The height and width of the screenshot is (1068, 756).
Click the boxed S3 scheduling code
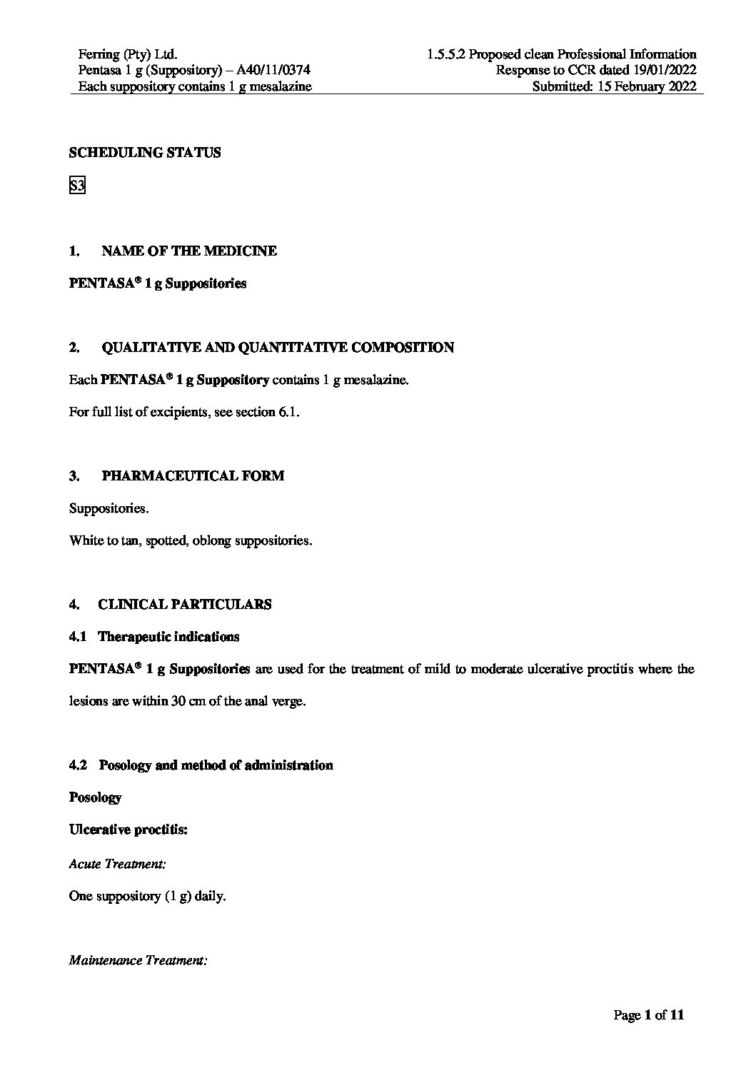[77, 186]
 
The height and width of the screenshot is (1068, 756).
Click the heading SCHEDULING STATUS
[145, 153]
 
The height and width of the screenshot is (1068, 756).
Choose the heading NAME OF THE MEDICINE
[189, 251]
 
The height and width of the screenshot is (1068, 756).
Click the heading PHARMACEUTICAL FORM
[193, 476]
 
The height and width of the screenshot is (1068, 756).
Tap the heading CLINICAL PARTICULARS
[184, 605]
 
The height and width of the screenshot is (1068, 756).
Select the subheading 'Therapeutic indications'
[168, 637]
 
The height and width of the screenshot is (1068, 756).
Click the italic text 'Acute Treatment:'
[118, 864]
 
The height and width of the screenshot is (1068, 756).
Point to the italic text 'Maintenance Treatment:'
[138, 961]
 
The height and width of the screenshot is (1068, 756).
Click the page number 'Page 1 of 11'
[649, 1015]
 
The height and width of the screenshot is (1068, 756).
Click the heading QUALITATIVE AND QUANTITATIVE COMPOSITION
[278, 348]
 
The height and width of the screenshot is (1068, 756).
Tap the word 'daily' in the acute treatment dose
[209, 896]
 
